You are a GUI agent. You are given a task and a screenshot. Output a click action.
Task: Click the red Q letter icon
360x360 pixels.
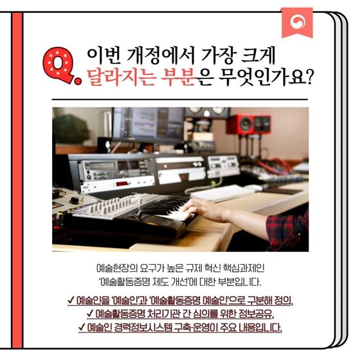point(60,66)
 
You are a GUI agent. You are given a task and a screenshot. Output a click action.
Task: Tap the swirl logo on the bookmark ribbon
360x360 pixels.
point(298,22)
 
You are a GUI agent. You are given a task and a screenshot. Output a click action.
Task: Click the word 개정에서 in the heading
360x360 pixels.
point(159,57)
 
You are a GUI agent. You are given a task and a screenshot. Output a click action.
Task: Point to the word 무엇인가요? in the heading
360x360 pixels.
point(265,78)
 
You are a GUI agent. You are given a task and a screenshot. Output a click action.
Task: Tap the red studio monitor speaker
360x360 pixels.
point(249,124)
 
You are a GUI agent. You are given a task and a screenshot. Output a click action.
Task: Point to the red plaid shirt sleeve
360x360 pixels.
point(287,226)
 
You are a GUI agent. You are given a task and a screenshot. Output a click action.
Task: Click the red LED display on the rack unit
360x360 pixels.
point(122,184)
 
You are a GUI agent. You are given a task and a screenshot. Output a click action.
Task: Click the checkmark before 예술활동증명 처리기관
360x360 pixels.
point(90,313)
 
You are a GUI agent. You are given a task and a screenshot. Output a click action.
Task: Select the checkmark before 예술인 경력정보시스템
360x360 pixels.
point(82,327)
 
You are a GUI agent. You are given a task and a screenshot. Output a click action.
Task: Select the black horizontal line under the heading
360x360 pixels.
point(180,100)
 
